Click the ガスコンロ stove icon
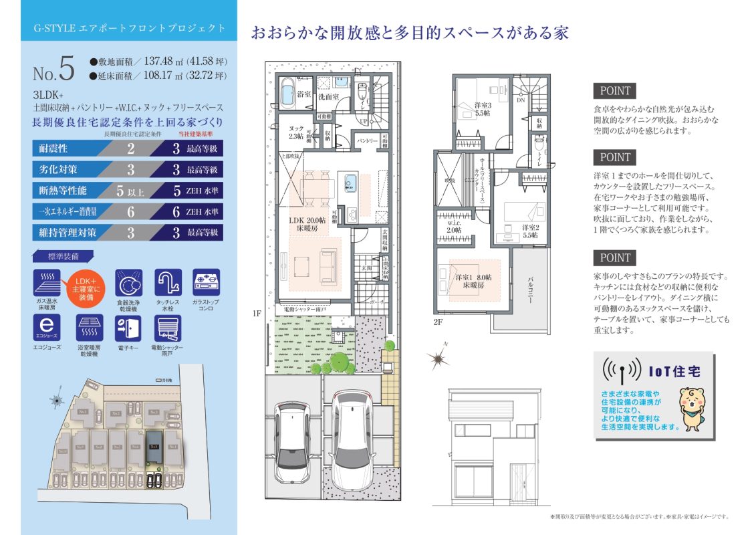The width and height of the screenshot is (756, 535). (x=206, y=282)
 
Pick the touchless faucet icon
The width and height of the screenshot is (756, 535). (x=168, y=282)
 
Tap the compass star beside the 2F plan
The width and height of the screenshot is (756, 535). (x=438, y=359)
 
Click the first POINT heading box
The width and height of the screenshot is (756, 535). (x=614, y=91)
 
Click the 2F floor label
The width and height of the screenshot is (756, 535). (x=438, y=322)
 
